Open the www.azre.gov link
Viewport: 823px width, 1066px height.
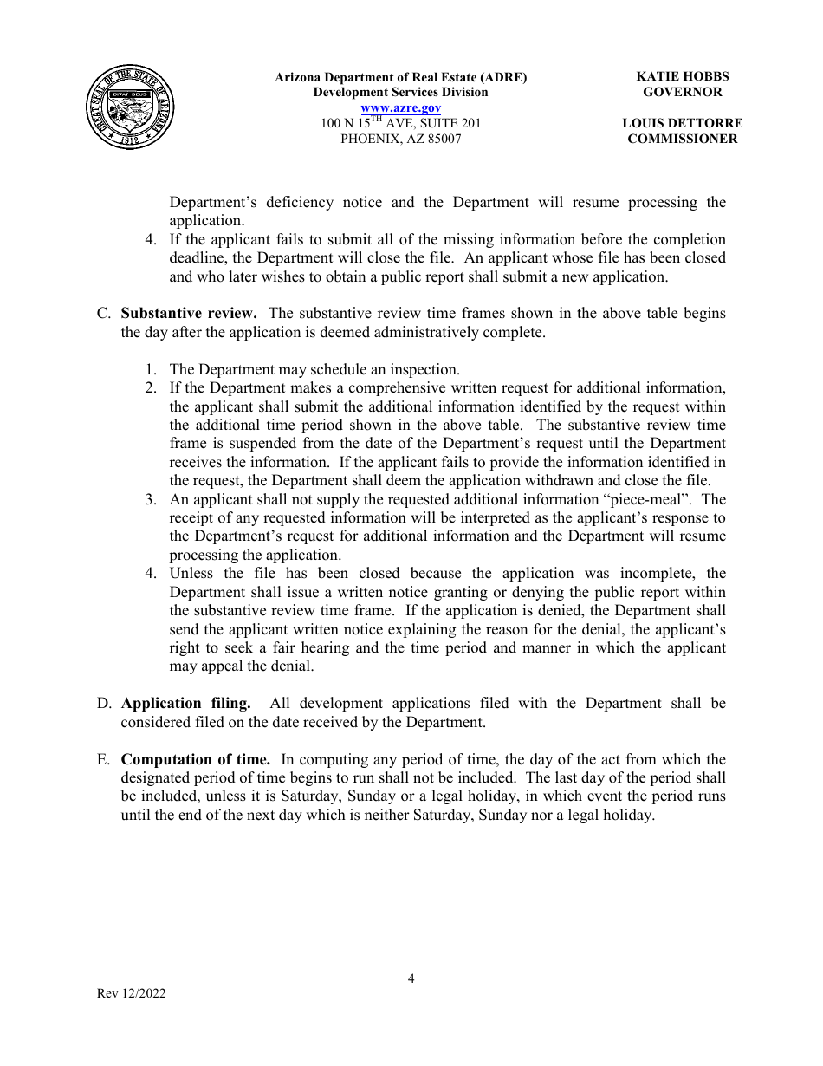click(x=400, y=107)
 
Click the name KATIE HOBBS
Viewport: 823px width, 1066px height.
click(x=682, y=76)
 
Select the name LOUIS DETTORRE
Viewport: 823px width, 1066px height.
click(x=682, y=123)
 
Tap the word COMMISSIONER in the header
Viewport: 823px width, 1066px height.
click(x=682, y=139)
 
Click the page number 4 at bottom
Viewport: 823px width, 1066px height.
click(x=411, y=978)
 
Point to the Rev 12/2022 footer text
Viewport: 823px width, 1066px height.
click(x=131, y=994)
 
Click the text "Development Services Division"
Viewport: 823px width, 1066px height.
click(x=400, y=92)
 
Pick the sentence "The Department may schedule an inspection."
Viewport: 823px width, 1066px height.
click(x=314, y=369)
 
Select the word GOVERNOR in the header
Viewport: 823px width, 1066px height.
click(x=682, y=92)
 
